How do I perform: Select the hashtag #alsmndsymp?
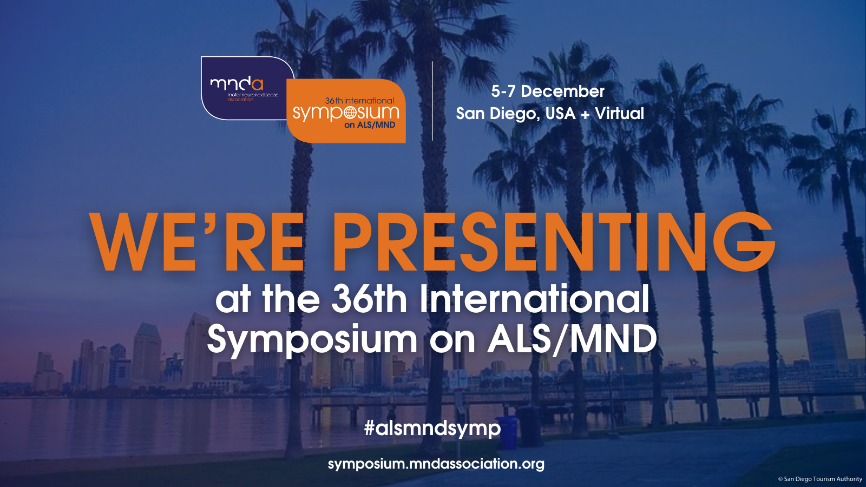click(x=432, y=429)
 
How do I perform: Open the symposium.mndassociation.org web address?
click(x=436, y=464)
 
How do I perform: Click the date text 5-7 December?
click(x=548, y=91)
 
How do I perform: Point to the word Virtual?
click(x=619, y=113)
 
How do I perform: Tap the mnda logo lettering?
click(x=236, y=83)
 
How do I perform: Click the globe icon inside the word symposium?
click(x=350, y=113)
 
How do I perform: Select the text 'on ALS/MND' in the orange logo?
click(x=370, y=125)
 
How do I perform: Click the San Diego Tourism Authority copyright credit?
click(x=820, y=479)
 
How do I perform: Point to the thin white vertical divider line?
click(x=432, y=101)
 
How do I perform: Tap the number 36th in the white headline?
click(x=369, y=300)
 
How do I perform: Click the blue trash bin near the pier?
click(x=507, y=432)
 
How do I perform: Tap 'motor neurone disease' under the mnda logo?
click(x=253, y=95)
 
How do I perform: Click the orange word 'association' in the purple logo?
click(x=240, y=100)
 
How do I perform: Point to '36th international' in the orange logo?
click(x=359, y=101)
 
